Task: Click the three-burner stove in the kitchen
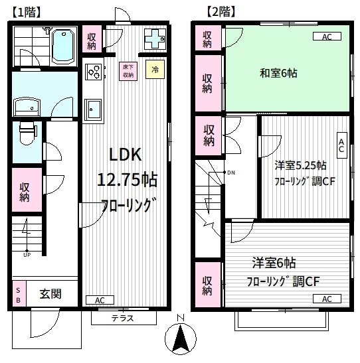point(92,71)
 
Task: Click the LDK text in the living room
point(126,155)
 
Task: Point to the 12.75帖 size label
point(126,180)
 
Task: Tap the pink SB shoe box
point(17,294)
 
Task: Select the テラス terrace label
point(123,318)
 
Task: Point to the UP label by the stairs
point(27,254)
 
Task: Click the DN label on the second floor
point(230,173)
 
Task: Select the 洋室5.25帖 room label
point(300,165)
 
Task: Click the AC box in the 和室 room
point(326,37)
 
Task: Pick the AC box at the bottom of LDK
point(100,301)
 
